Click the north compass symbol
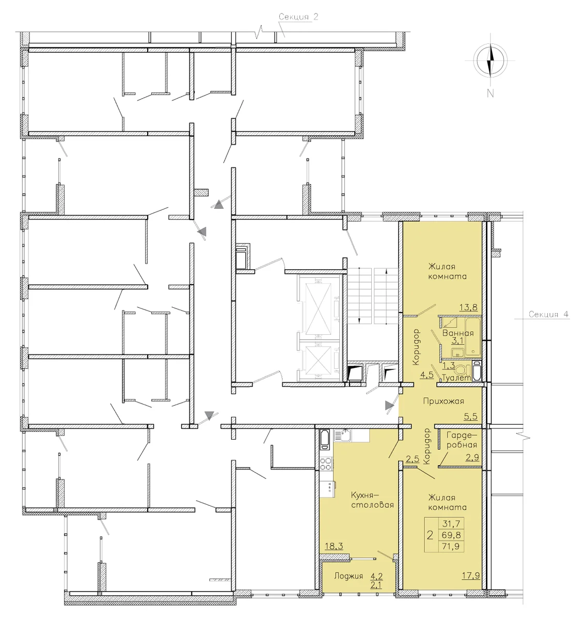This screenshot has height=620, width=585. [x=490, y=61]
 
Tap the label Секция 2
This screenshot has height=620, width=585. [x=298, y=17]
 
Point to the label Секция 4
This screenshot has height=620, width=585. [x=549, y=314]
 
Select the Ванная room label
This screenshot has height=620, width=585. [x=457, y=333]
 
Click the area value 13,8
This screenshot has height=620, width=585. [x=468, y=307]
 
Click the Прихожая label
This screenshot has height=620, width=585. [x=444, y=401]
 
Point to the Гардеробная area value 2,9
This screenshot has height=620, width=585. [x=472, y=458]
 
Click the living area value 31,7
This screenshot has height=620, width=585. [x=451, y=523]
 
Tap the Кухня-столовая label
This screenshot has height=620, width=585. [x=372, y=500]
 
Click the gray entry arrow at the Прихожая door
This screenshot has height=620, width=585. [x=389, y=406]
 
